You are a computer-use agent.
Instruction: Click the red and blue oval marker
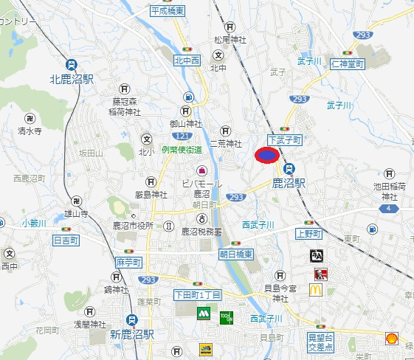[266, 155]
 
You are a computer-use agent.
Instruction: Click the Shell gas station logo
[393, 339]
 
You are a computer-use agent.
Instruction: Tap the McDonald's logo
[316, 290]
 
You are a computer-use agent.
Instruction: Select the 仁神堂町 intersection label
[348, 65]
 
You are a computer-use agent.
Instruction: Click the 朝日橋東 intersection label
[236, 253]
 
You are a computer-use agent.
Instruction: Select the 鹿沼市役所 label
[134, 225]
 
